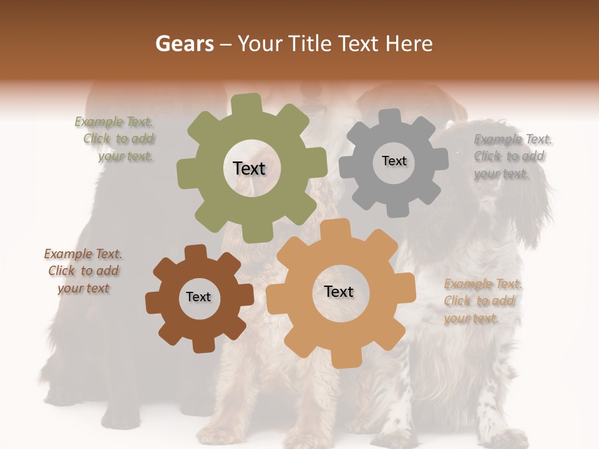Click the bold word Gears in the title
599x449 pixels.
184,44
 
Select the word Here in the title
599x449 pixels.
409,44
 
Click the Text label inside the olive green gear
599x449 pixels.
249,168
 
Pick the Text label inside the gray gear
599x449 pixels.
394,161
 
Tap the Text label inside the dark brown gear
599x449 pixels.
198,297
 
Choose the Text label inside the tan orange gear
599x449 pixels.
339,291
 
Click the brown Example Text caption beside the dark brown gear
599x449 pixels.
83,271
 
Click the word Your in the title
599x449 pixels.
261,44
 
